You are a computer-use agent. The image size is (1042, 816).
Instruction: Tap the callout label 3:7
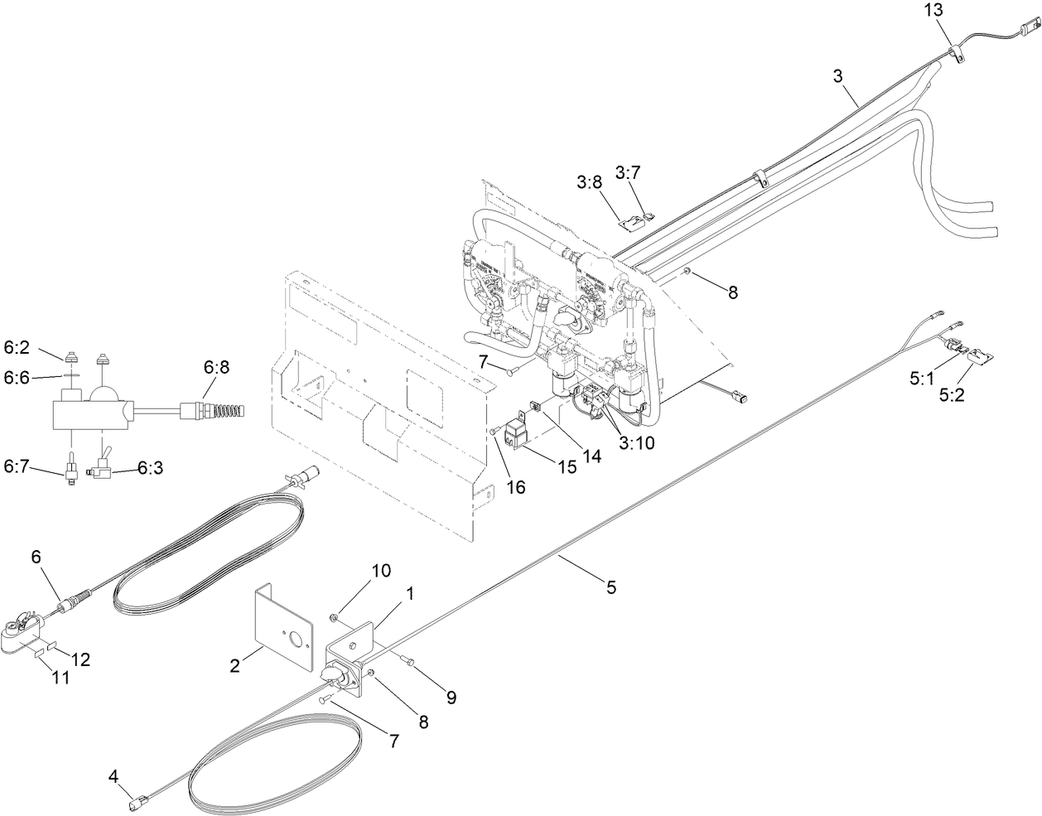coord(627,171)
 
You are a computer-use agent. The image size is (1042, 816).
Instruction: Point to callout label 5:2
coord(952,396)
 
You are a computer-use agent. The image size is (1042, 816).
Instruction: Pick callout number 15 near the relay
coord(567,466)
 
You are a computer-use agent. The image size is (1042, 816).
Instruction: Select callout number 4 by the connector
coord(113,776)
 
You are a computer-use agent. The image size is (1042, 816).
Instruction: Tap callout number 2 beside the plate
coord(235,665)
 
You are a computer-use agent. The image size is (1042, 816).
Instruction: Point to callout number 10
coord(380,571)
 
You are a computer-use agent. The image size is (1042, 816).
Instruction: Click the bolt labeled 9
coord(408,659)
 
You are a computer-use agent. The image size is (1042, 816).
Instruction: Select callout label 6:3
coord(149,468)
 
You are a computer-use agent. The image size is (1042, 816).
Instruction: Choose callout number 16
coord(515,487)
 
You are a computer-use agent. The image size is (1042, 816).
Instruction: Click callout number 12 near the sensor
coord(81,659)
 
